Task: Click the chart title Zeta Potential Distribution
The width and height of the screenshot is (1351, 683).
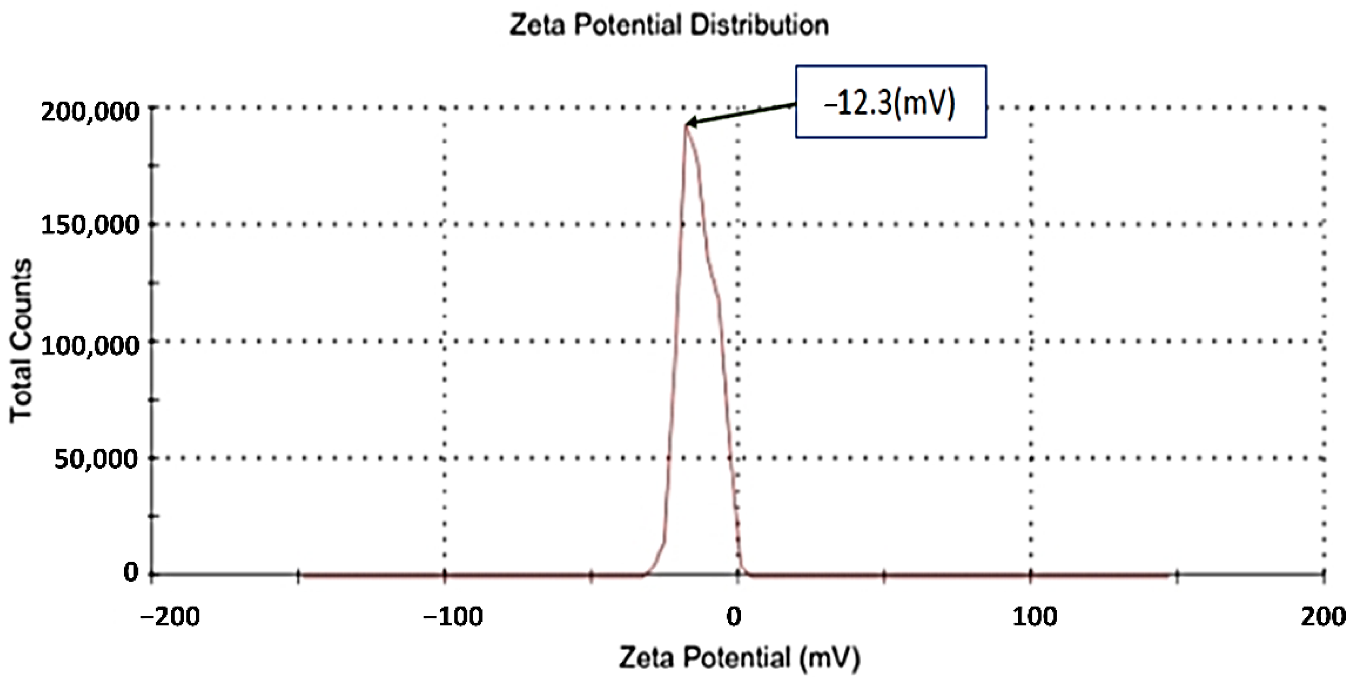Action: (x=669, y=25)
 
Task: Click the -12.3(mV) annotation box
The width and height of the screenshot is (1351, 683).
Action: (x=890, y=102)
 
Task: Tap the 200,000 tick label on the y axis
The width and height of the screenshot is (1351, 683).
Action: (x=90, y=112)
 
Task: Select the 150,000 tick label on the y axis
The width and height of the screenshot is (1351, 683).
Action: (x=90, y=225)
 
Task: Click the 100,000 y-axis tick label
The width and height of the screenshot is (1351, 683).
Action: (x=90, y=345)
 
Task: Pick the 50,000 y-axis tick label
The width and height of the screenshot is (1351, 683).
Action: (x=96, y=459)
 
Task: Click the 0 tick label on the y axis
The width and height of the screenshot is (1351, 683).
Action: (x=131, y=572)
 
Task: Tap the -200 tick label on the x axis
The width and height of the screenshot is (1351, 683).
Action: (x=169, y=617)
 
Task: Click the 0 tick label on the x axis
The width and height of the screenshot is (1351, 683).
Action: (x=734, y=617)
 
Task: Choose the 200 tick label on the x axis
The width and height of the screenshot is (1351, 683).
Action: (x=1323, y=617)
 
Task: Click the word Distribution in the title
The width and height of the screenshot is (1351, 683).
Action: (x=759, y=25)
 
